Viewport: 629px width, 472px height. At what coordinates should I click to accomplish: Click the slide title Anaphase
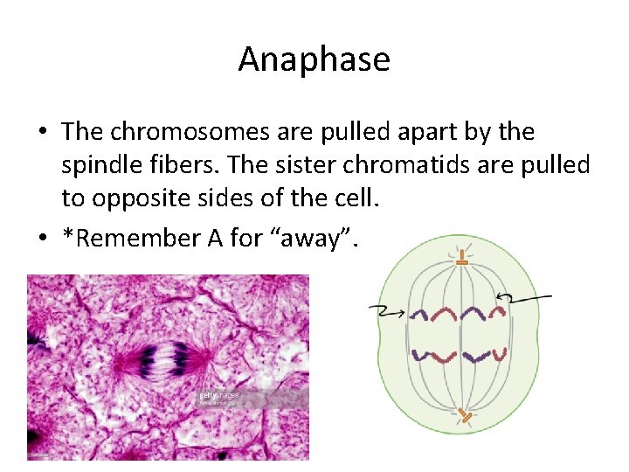click(x=314, y=59)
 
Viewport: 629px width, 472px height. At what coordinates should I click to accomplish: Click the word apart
click(x=404, y=132)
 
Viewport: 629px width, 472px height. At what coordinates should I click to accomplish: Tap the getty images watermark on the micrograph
click(x=218, y=396)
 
